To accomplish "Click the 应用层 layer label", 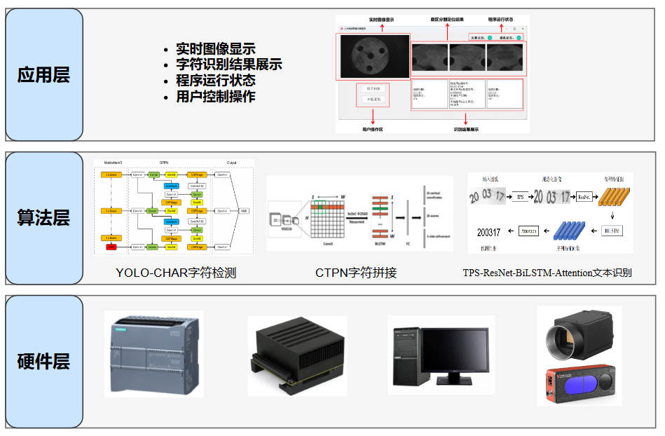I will pyautogui.click(x=43, y=75).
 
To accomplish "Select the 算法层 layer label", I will pyautogui.click(x=43, y=217).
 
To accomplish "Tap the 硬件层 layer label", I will pyautogui.click(x=43, y=362).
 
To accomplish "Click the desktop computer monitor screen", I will pyautogui.click(x=456, y=348).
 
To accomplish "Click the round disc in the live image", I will pyautogui.click(x=371, y=57).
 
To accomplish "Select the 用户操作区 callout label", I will pyautogui.click(x=372, y=130).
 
